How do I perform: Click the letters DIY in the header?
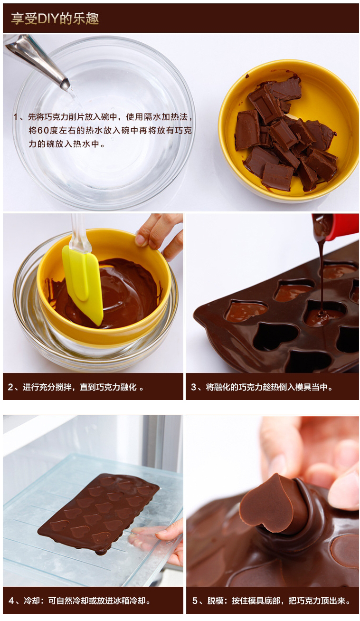click(x=47, y=19)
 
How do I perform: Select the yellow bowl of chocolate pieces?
click(x=288, y=131)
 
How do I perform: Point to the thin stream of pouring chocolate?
click(x=322, y=277)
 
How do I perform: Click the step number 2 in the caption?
click(x=10, y=387)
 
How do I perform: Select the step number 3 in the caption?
click(x=193, y=387)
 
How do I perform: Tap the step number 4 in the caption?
click(x=11, y=601)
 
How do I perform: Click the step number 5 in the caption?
click(x=195, y=601)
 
